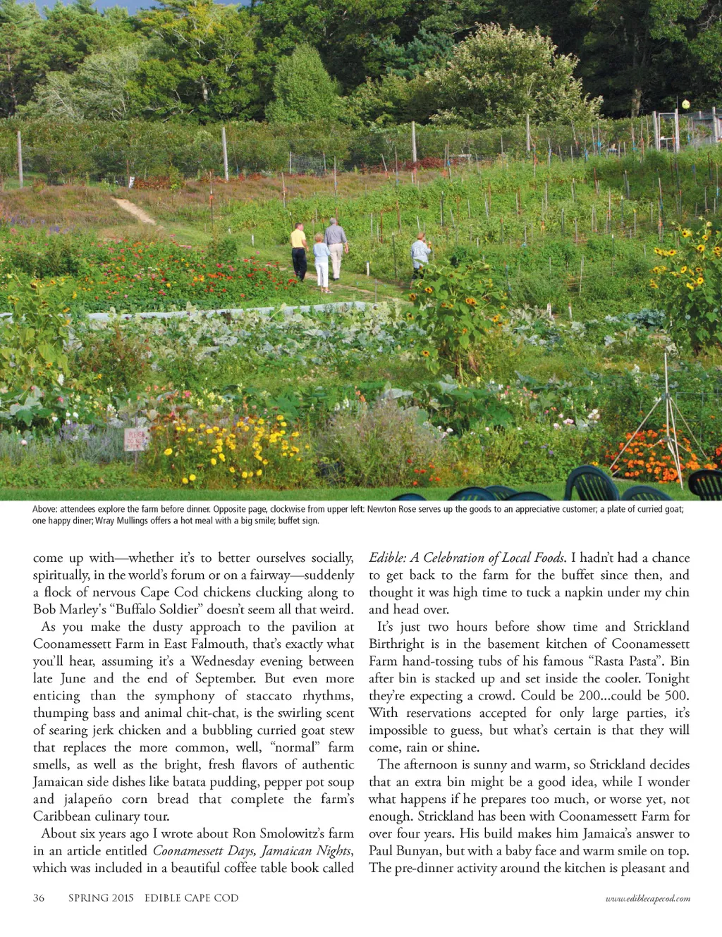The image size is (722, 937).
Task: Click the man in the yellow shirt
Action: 299,251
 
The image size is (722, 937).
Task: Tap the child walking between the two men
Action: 322,263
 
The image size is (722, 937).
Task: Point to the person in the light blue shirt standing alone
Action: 420,252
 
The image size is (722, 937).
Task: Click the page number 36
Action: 39,898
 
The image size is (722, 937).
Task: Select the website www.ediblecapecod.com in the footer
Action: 647,898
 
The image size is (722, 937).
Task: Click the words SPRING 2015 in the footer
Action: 101,898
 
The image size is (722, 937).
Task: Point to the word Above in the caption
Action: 44,509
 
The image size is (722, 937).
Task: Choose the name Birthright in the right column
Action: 400,644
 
